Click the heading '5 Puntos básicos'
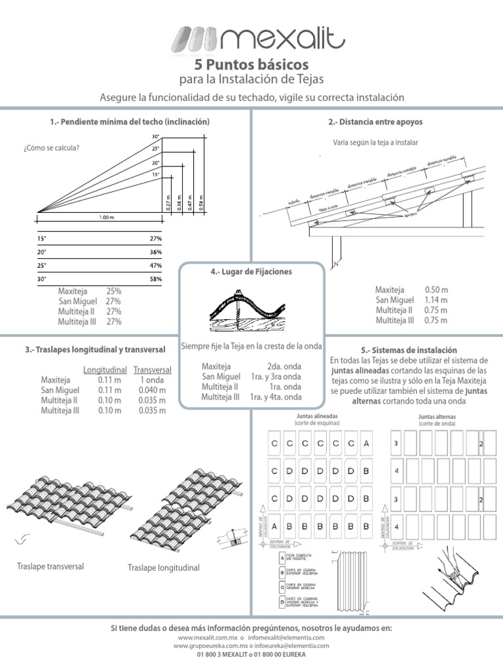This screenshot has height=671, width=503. pos(251,65)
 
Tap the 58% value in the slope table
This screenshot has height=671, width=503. pos(155,279)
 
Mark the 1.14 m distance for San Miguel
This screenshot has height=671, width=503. pos(436,300)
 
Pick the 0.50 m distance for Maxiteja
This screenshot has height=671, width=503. pos(436,290)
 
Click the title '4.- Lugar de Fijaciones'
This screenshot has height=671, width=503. pos(252,271)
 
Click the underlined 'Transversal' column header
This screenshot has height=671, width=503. pos(152,370)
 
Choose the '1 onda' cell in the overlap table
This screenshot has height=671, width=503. pos(152,379)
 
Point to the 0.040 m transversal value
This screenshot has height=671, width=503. pos(152,390)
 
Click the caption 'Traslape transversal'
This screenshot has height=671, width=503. pos(50,566)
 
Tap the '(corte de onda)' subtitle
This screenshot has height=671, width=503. pos(437,423)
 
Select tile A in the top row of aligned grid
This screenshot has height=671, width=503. pos(366,444)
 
